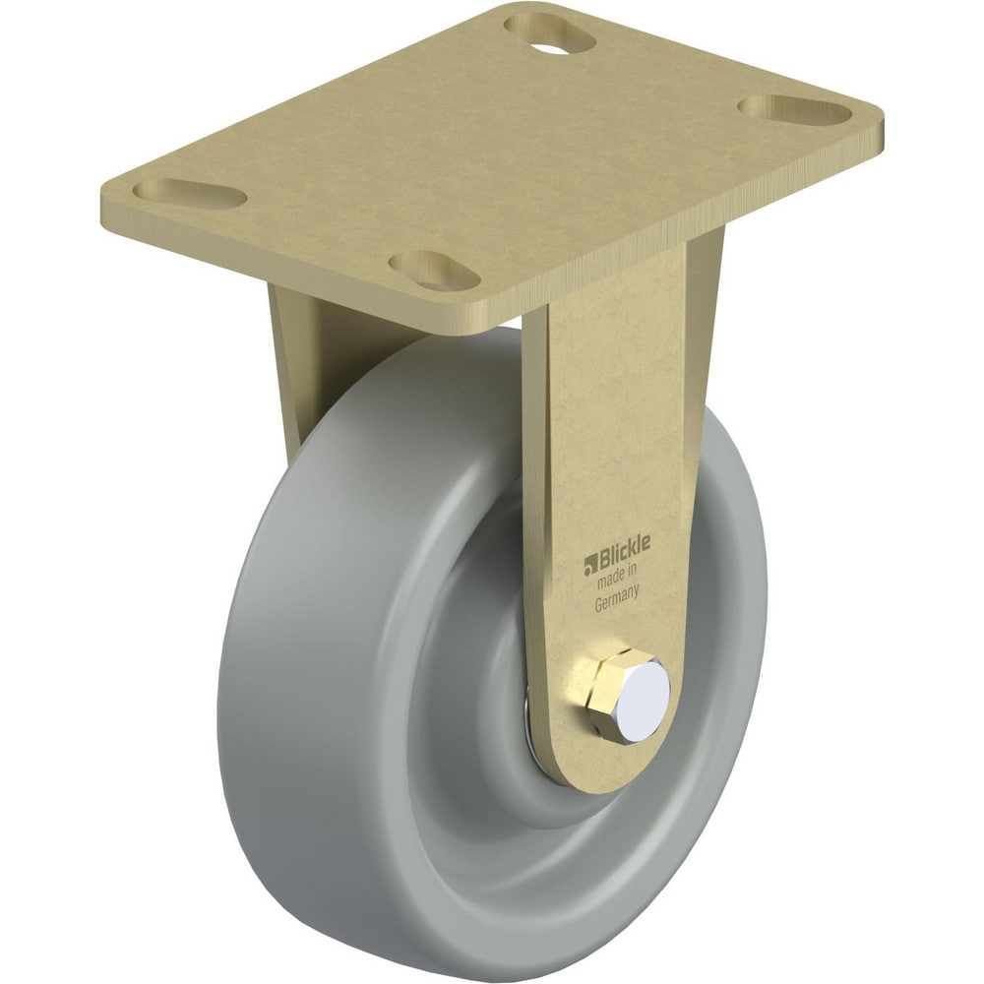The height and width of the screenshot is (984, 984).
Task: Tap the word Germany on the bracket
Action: [617, 598]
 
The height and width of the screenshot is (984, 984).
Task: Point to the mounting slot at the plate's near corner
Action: [434, 271]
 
